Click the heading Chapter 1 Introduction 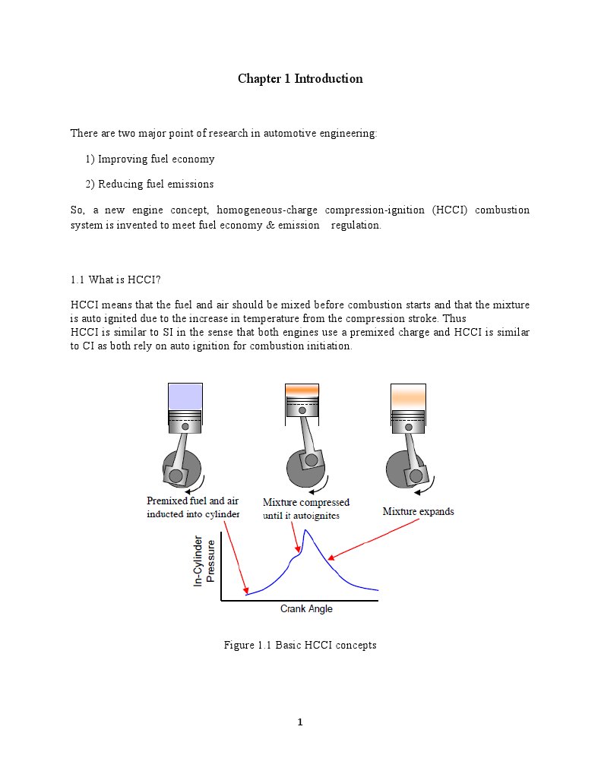pos(300,79)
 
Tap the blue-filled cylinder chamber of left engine pos(185,396)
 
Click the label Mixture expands pos(418,512)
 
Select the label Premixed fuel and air pos(192,501)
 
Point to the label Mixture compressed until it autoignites pos(305,509)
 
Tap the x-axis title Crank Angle pos(306,609)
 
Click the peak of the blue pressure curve pos(305,531)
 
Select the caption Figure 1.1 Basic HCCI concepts pos(300,646)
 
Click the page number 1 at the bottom pos(300,722)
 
